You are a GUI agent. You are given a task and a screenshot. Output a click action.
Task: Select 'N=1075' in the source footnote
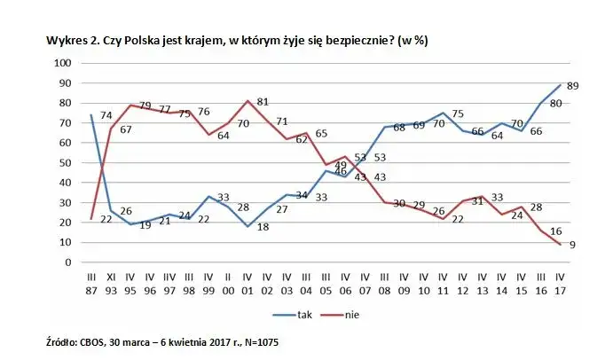[x=263, y=340]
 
